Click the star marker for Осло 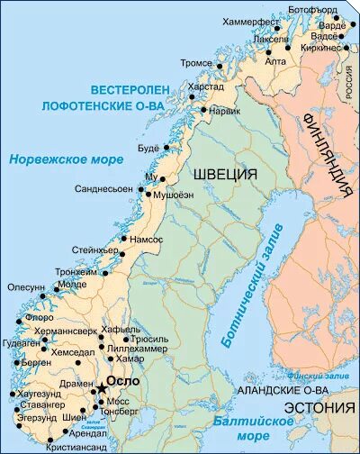(x=101, y=382)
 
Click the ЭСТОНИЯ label (x=322, y=408)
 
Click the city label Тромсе (x=196, y=64)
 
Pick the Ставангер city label (x=34, y=404)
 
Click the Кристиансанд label (x=76, y=447)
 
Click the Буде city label (x=147, y=147)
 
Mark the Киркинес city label (x=321, y=48)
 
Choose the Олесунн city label (x=26, y=287)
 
